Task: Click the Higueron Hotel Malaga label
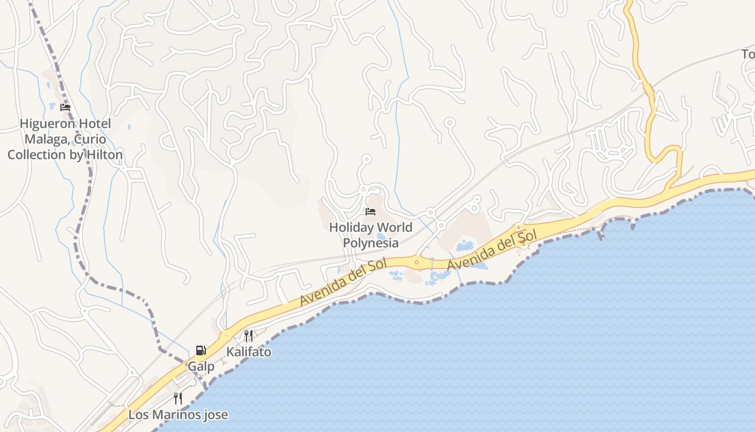pyautogui.click(x=65, y=139)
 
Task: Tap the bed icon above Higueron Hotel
pyautogui.click(x=65, y=107)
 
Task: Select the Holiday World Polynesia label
pyautogui.click(x=370, y=235)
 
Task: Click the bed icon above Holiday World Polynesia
pyautogui.click(x=370, y=211)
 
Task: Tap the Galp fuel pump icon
pyautogui.click(x=201, y=350)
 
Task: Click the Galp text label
pyautogui.click(x=201, y=367)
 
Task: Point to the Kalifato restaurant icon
pyautogui.click(x=249, y=336)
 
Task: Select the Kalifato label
pyautogui.click(x=249, y=352)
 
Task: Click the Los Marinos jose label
pyautogui.click(x=178, y=415)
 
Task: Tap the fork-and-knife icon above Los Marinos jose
pyautogui.click(x=178, y=399)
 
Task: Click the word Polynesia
pyautogui.click(x=370, y=243)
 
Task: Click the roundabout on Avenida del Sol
pyautogui.click(x=416, y=262)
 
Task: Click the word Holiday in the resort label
pyautogui.click(x=352, y=227)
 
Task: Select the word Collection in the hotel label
pyautogui.click(x=36, y=154)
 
